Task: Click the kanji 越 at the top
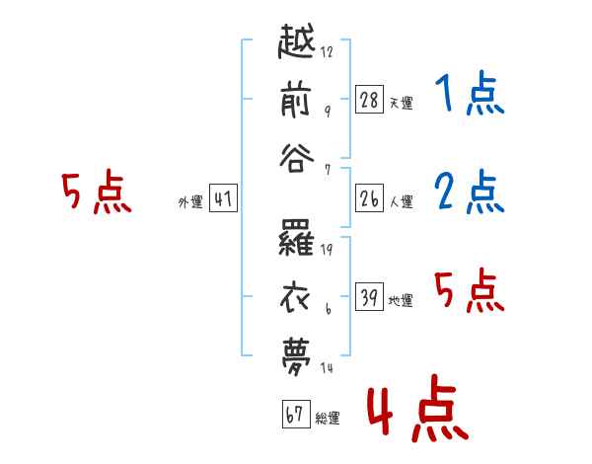(x=297, y=40)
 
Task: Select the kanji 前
(x=296, y=101)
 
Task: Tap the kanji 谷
(x=297, y=158)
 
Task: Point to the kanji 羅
(x=296, y=238)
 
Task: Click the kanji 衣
(x=295, y=298)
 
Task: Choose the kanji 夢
(x=296, y=356)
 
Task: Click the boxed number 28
(x=369, y=100)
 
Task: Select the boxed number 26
(x=369, y=198)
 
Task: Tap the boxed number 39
(x=369, y=297)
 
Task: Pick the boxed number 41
(x=223, y=198)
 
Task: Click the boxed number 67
(x=296, y=414)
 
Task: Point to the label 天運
(x=402, y=103)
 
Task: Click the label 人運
(x=402, y=201)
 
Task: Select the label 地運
(x=401, y=301)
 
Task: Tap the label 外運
(x=190, y=201)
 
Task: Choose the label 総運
(x=328, y=419)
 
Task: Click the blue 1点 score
(x=470, y=94)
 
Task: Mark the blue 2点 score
(x=470, y=192)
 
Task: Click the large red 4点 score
(x=418, y=408)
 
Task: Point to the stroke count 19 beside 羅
(x=327, y=250)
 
